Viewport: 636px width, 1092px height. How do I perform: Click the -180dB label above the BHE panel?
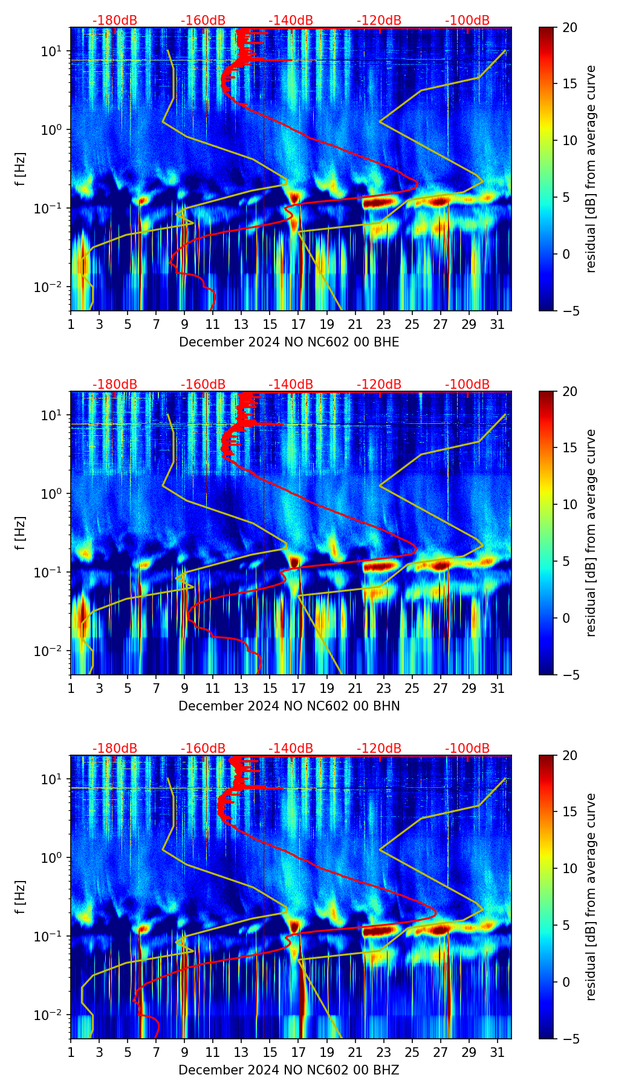(x=115, y=21)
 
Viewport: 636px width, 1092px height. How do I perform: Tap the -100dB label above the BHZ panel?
(x=467, y=749)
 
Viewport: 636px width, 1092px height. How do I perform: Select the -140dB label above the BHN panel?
(x=291, y=385)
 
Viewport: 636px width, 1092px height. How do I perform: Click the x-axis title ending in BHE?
(x=289, y=342)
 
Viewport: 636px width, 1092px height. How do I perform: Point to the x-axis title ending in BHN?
(x=289, y=706)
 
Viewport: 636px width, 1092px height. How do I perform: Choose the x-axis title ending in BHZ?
(x=289, y=1070)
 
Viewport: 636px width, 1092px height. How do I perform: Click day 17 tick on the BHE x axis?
(x=298, y=324)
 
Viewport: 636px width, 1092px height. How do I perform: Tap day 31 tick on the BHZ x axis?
(x=497, y=1052)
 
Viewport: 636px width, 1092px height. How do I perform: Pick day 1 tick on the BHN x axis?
(x=71, y=688)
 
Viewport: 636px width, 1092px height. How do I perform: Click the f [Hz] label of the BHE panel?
(x=21, y=169)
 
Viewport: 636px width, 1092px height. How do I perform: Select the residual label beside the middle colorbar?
(x=591, y=533)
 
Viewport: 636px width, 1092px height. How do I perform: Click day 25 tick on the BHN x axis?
(x=412, y=688)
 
